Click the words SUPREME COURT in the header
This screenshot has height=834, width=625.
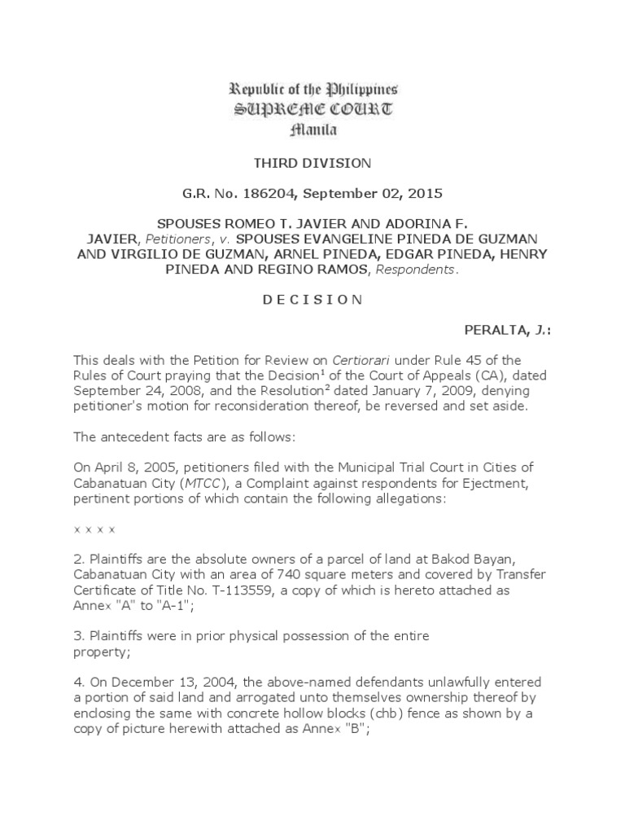(312, 109)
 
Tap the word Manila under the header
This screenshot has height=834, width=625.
(312, 129)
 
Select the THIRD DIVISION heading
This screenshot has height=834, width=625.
(312, 163)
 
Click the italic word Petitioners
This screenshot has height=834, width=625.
(175, 236)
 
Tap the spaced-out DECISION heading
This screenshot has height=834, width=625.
(312, 299)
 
